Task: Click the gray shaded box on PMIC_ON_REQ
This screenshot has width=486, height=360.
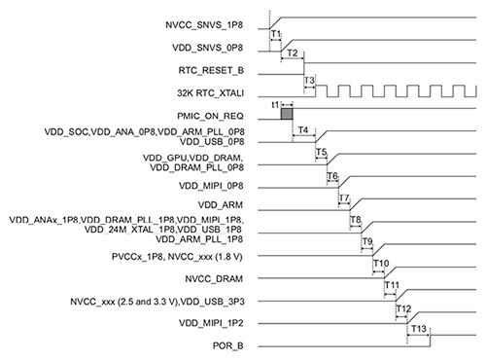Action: [x=287, y=115]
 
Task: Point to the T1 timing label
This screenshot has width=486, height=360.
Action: [x=276, y=35]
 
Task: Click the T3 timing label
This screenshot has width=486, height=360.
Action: [x=310, y=80]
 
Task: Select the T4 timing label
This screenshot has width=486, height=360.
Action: [x=303, y=129]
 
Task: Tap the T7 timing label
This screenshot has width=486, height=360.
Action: [x=344, y=198]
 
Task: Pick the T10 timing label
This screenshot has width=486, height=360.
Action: [x=381, y=264]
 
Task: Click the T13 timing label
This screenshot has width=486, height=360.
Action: [x=418, y=331]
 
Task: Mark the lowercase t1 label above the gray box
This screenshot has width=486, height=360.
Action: [x=275, y=104]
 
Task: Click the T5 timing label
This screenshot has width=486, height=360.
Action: [x=321, y=153]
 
